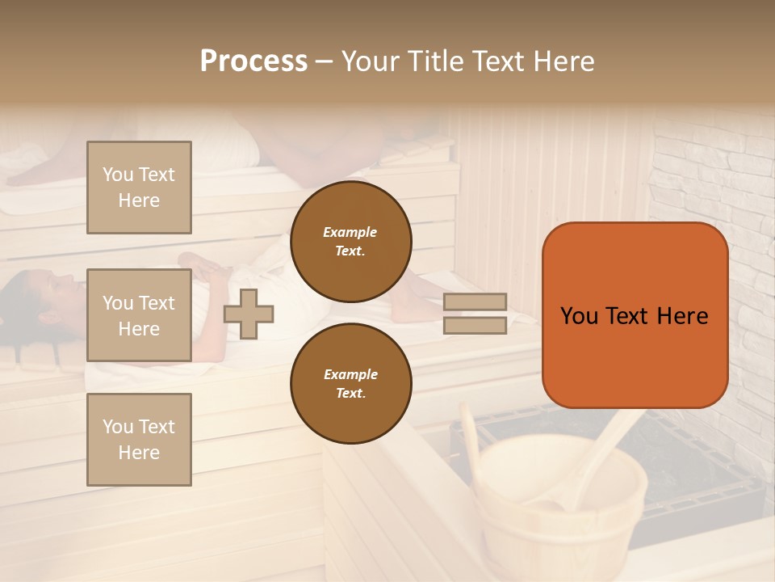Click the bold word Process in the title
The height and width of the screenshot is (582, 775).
(253, 61)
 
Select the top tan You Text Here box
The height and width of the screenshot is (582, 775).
(139, 188)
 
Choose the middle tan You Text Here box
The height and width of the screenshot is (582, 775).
(139, 315)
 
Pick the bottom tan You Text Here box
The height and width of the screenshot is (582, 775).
(139, 439)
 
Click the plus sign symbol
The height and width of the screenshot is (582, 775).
(249, 314)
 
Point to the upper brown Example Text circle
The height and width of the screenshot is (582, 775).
(350, 241)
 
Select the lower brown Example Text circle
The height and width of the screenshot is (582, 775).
(350, 383)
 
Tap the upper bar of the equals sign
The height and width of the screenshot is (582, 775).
(475, 302)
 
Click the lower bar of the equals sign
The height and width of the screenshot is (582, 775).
(475, 325)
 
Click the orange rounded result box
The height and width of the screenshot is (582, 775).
(635, 315)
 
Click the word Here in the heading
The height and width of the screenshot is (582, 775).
(563, 61)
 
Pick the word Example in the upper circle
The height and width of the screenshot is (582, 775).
(350, 232)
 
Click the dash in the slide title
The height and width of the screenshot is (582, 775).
(325, 61)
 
